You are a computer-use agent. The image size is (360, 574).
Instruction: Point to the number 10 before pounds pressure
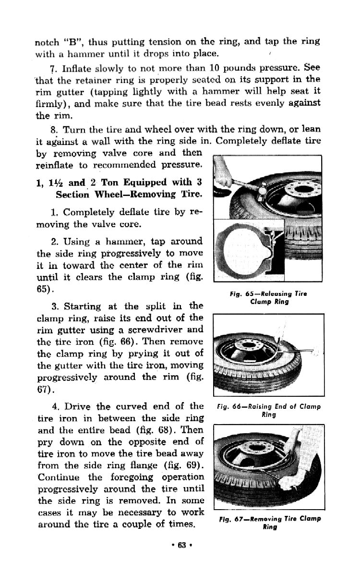click(x=204, y=66)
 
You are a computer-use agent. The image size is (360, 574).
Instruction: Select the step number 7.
click(x=53, y=66)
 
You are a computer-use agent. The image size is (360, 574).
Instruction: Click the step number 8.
click(x=53, y=129)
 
